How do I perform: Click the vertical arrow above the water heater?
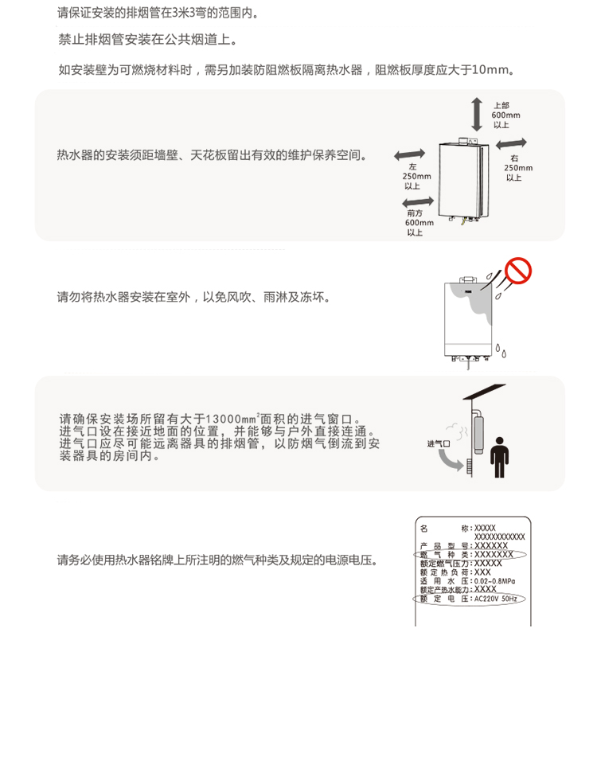pyautogui.click(x=476, y=114)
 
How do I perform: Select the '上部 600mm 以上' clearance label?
pyautogui.click(x=505, y=115)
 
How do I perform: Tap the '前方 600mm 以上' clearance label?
pyautogui.click(x=416, y=223)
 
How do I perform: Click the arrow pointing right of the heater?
pyautogui.click(x=512, y=142)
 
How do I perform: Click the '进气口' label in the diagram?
pyautogui.click(x=439, y=443)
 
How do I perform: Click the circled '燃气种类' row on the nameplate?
pyautogui.click(x=470, y=554)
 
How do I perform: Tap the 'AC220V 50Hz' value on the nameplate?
pyautogui.click(x=494, y=599)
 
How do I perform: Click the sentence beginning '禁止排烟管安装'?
pyautogui.click(x=147, y=40)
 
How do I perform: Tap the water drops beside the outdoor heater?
pyautogui.click(x=500, y=349)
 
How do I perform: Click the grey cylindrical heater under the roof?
pyautogui.click(x=480, y=435)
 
